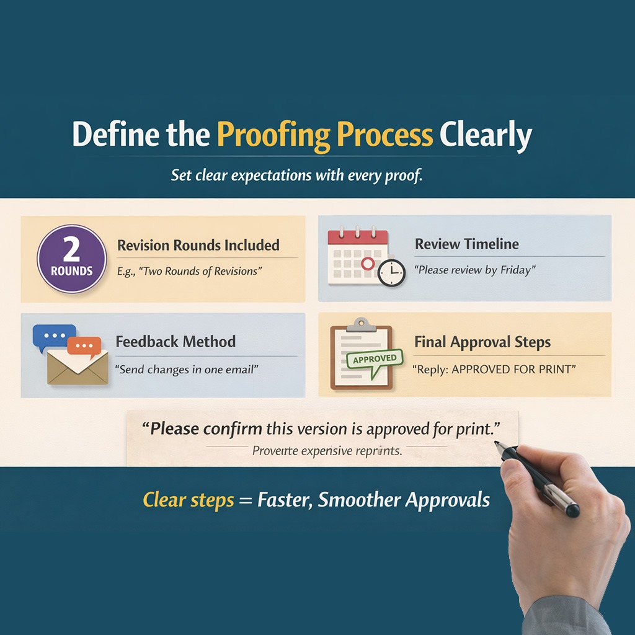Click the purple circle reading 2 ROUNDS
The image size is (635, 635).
72,259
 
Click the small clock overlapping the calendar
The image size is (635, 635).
391,272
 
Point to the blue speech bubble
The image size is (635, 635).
54,337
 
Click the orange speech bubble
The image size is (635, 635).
84,347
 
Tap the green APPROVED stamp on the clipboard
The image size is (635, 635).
374,359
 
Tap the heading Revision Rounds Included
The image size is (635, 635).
198,245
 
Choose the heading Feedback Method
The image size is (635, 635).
175,342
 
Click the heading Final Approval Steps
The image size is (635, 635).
482,342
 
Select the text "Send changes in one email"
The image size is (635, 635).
187,370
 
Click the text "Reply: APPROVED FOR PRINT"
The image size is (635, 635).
494,370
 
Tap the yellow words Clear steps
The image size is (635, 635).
189,500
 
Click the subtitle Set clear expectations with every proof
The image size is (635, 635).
296,175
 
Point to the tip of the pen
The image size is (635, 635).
497,443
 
